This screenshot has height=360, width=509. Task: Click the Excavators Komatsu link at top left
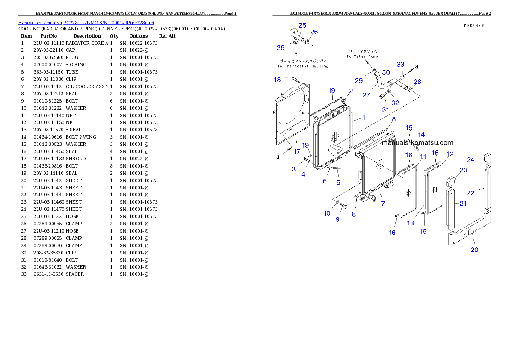pos(86,22)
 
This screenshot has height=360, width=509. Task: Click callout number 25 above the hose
pos(302,26)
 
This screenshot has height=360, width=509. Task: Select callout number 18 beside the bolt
pos(278,80)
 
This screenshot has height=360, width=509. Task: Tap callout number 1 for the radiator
pos(364,117)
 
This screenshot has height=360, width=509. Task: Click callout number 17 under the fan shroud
pos(297,151)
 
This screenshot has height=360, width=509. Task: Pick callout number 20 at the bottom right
pos(474,250)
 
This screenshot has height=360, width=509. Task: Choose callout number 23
pos(464,170)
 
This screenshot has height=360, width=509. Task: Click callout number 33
pos(400,65)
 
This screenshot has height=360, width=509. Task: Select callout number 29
pos(358,80)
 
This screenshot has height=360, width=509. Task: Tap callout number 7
pos(382,204)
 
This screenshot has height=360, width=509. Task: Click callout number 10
pos(327,213)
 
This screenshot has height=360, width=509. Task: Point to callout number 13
pos(411,223)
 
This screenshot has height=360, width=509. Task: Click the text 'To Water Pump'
pos(362,56)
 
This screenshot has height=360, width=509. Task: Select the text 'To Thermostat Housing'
pos(303,66)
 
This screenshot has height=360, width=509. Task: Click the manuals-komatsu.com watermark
pos(417,143)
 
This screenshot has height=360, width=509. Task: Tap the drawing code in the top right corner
pos(473,26)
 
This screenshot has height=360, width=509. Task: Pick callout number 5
pos(338,183)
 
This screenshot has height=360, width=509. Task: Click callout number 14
pos(421,135)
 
